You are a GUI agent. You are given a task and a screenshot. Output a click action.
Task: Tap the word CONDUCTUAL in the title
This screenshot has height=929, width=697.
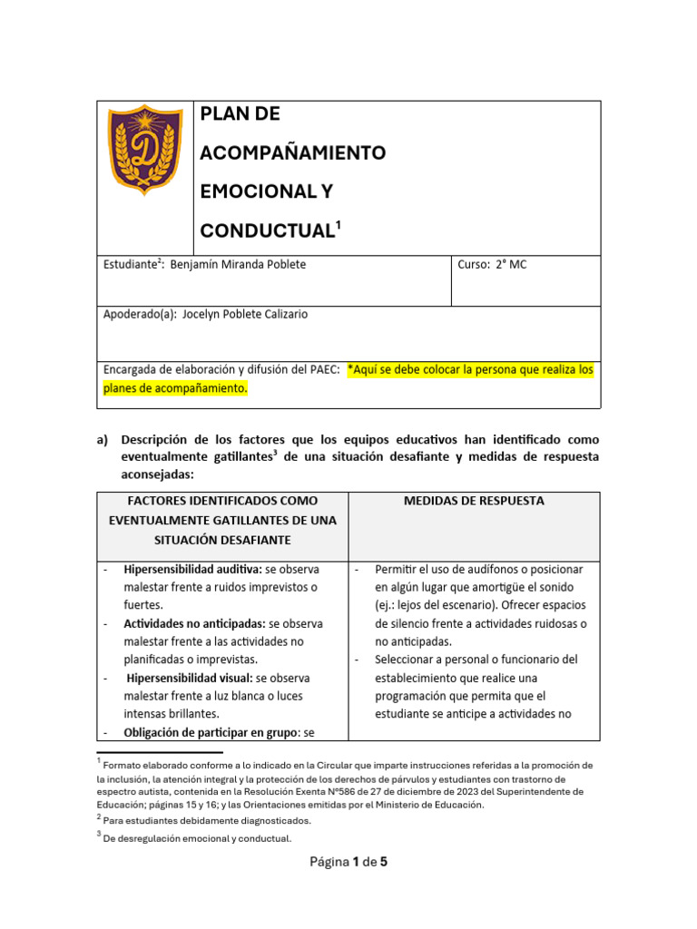coord(268,231)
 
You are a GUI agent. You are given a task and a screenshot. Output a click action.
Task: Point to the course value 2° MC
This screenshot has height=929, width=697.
coord(513,264)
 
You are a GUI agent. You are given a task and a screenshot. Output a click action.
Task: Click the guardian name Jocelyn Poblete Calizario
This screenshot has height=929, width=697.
coord(245,315)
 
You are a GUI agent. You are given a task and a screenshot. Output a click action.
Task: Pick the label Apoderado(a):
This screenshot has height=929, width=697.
coord(141,315)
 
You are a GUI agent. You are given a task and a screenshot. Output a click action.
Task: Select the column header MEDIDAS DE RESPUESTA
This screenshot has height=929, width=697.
coord(473,501)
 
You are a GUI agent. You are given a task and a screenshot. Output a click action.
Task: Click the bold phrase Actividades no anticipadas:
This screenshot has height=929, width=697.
coord(195,624)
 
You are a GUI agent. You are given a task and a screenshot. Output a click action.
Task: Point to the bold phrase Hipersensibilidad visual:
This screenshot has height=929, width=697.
coord(191,678)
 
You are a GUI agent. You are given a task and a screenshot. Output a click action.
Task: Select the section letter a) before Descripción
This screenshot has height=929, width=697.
coord(103,439)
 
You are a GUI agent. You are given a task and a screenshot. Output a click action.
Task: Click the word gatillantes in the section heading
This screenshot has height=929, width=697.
coord(235,457)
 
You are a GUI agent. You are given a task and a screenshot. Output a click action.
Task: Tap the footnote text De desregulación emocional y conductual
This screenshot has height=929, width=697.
coord(198,839)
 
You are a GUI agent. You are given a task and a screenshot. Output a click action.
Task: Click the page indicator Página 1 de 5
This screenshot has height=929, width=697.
coord(348,862)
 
